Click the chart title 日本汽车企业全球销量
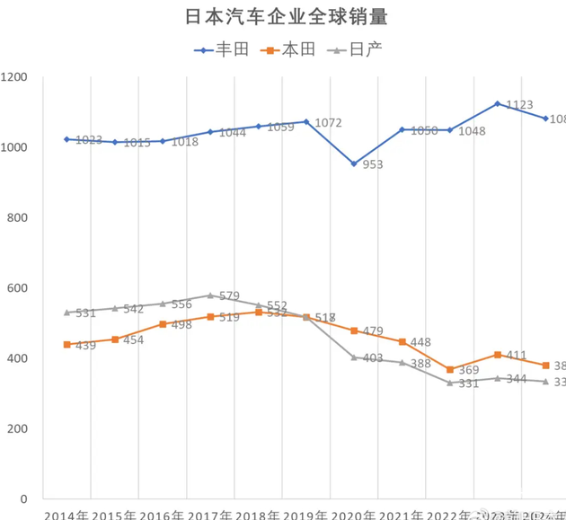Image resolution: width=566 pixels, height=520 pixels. pos(279,17)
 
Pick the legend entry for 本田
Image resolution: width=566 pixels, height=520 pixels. pos(291,49)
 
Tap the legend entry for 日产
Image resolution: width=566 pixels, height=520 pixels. pos(358,49)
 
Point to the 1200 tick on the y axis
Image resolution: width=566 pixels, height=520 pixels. pos(15,77)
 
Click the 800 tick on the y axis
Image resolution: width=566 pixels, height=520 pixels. pos(19,218)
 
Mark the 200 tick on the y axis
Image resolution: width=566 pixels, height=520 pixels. pos(19,429)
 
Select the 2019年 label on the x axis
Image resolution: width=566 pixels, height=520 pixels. pos(305,515)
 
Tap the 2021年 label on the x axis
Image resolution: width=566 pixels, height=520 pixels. pos(401,515)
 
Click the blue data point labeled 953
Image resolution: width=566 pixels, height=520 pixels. pos(354,163)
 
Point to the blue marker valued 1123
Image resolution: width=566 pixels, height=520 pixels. pos(498,103)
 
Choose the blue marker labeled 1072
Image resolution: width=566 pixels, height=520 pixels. pos(306,121)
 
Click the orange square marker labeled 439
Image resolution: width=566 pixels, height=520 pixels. pos(66,344)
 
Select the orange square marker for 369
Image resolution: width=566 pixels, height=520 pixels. pos(450,369)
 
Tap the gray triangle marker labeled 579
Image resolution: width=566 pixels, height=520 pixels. pos(210,295)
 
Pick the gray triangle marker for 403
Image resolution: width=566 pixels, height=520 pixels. pos(354,357)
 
